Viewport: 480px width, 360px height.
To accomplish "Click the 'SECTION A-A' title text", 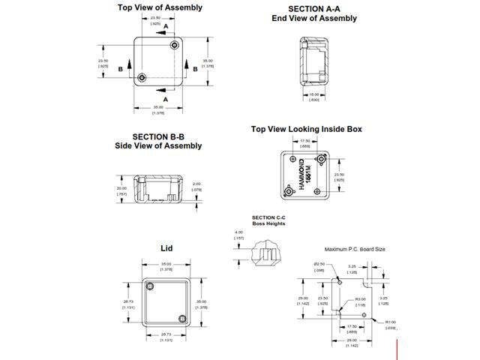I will [308, 7].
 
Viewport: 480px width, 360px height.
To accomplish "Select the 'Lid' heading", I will [166, 248].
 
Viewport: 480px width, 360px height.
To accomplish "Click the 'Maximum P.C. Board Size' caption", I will [355, 249].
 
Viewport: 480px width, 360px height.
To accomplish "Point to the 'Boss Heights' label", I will [268, 223].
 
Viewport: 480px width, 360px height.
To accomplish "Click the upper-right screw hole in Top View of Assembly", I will [175, 46].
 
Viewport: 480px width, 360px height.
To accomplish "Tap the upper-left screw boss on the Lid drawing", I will [151, 286].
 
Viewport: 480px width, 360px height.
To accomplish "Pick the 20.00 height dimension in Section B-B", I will [122, 188].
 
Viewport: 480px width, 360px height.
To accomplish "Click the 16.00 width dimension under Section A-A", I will [314, 94].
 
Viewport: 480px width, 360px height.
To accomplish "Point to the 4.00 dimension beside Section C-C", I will [238, 232].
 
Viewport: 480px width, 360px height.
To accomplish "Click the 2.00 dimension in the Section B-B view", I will [196, 184].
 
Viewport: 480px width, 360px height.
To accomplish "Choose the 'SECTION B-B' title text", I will [158, 136].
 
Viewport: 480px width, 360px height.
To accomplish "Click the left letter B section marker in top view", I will [120, 68].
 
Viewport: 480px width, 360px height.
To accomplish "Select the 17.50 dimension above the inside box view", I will [304, 141].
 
